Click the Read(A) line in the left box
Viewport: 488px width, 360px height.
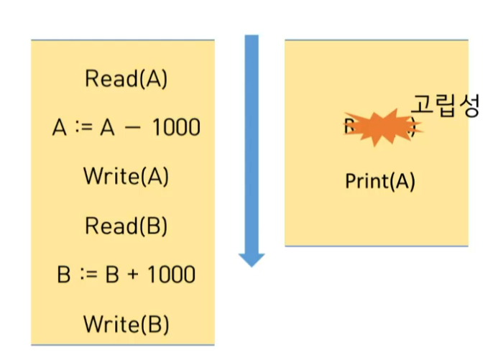[x=126, y=78]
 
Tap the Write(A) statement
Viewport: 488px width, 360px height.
[x=126, y=176]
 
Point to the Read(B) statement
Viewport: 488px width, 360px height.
[x=126, y=226]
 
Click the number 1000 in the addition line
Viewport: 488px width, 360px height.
[x=170, y=275]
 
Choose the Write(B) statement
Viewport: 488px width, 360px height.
[x=126, y=324]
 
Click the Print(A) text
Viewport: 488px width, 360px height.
[x=380, y=181]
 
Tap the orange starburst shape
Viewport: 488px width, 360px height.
[x=379, y=128]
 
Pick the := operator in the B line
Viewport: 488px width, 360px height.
[x=81, y=275]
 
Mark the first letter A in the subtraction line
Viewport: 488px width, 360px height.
[x=60, y=128]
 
